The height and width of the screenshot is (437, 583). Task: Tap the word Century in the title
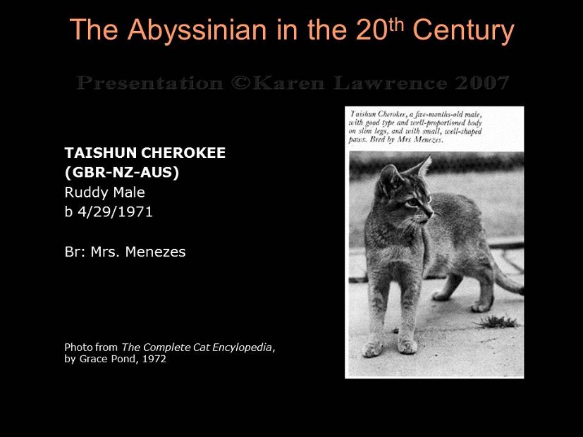click(463, 30)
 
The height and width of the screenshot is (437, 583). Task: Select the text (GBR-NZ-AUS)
click(122, 172)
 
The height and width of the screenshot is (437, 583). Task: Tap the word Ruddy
click(83, 192)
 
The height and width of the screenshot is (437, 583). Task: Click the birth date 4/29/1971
click(114, 211)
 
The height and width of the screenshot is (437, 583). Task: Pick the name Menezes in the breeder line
click(156, 252)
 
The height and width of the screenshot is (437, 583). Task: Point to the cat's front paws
click(390, 347)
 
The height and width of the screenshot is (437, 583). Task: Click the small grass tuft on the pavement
click(497, 321)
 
